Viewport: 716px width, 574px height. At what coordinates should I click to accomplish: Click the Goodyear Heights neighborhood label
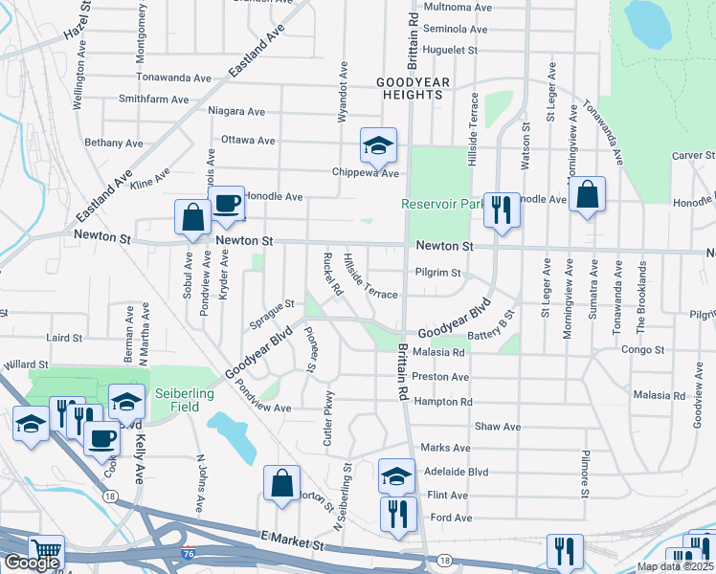tap(410, 88)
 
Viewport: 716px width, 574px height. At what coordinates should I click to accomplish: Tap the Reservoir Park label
tap(443, 204)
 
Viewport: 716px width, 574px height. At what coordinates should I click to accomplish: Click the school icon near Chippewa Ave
tap(378, 145)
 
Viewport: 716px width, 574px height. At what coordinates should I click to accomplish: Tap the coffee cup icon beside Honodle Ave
tap(226, 203)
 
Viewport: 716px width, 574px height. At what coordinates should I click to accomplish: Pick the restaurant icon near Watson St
tap(501, 210)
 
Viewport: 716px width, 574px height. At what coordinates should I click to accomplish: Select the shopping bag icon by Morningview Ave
tap(587, 195)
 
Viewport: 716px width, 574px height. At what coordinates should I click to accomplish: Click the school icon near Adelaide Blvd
tap(396, 475)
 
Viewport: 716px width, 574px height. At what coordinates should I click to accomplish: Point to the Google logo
tap(32, 563)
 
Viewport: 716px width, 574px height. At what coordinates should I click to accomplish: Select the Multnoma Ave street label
tap(456, 7)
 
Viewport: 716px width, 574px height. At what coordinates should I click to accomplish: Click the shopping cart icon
tap(45, 552)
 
